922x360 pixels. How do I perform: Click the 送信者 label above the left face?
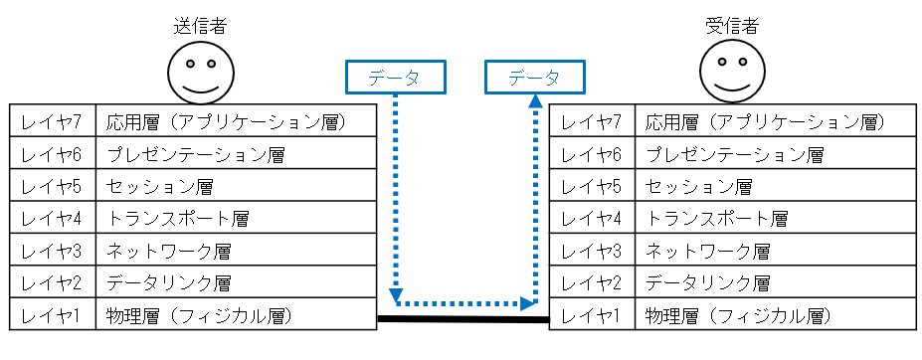tap(200, 27)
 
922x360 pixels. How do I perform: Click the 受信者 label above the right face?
tap(732, 27)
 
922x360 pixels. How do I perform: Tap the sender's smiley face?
tap(201, 72)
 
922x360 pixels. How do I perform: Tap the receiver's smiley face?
tap(733, 72)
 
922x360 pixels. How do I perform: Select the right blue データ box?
tap(534, 77)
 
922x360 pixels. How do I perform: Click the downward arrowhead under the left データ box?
tap(396, 293)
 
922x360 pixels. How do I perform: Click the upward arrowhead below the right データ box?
tap(535, 101)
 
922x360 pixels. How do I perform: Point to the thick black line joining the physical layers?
tap(462, 319)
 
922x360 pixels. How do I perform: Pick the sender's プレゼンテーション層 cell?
tap(236, 153)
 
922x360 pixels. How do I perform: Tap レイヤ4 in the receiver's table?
tap(592, 218)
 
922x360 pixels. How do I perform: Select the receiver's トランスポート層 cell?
tap(776, 218)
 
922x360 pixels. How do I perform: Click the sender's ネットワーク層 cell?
tap(236, 250)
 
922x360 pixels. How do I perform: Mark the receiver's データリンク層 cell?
tap(776, 281)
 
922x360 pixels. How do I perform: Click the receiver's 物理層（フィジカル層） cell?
tap(776, 313)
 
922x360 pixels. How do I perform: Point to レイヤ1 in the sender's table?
tap(53, 313)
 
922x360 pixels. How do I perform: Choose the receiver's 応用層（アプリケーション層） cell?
tap(776, 120)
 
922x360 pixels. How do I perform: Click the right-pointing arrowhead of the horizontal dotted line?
tap(528, 304)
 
